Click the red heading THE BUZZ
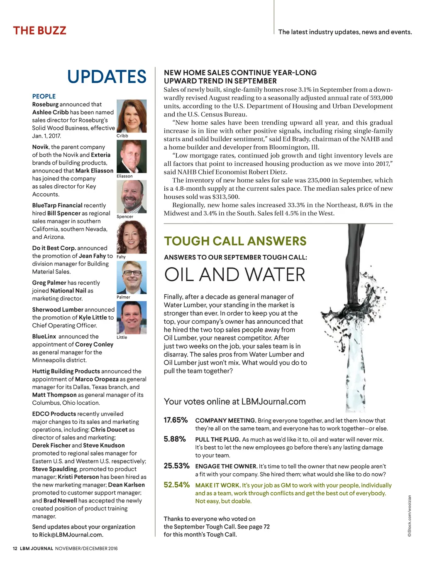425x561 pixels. click(x=39, y=31)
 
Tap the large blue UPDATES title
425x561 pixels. click(x=107, y=77)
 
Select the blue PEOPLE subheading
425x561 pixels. click(x=44, y=96)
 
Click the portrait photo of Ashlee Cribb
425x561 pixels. click(x=132, y=116)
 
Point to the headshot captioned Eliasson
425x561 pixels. click(x=132, y=156)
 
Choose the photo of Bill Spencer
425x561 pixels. click(x=132, y=197)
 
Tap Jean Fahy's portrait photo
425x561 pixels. click(x=132, y=237)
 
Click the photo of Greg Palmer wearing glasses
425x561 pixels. click(x=132, y=277)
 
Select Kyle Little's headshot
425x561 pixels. click(x=132, y=317)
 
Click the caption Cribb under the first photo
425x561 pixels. click(x=122, y=136)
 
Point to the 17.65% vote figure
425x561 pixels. click(x=176, y=420)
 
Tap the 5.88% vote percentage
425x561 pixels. click(x=174, y=439)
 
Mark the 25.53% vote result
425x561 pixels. click(x=176, y=466)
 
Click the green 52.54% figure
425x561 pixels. click(x=176, y=485)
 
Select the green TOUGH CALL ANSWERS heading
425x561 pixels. click(x=235, y=241)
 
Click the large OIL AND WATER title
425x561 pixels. click(x=234, y=275)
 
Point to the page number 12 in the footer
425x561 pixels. click(x=15, y=549)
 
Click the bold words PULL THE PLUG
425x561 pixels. click(x=217, y=440)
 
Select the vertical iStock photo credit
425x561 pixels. click(x=409, y=516)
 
